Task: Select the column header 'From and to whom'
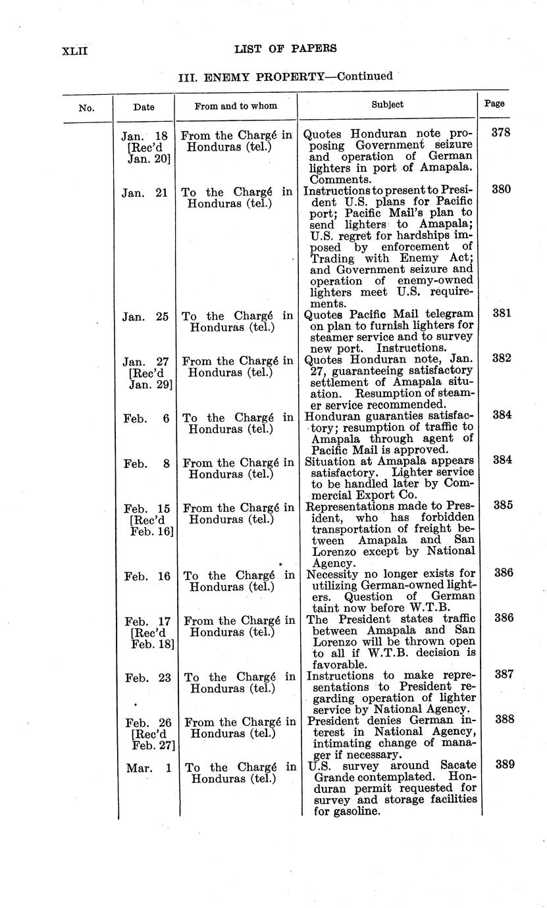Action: coord(236,105)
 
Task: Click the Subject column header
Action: coord(387,104)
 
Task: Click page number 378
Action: coord(501,132)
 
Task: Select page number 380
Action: coord(502,189)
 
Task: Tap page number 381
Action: coord(502,313)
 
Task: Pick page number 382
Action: coord(502,359)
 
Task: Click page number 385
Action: coord(502,505)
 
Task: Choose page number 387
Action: coord(504,674)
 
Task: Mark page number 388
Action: coord(504,720)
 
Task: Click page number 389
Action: coord(504,765)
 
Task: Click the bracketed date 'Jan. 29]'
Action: coord(150,384)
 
